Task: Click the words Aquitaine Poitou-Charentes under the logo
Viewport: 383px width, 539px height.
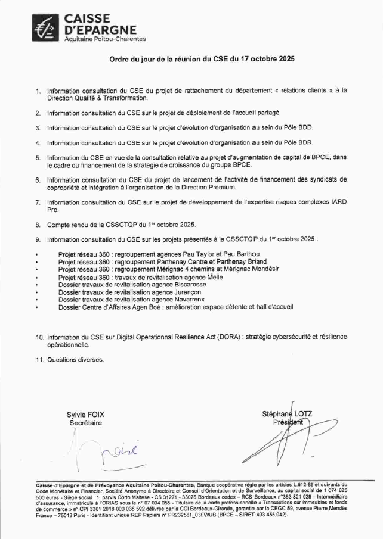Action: pyautogui.click(x=104, y=39)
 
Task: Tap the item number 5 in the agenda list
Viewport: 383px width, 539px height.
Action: pyautogui.click(x=38, y=158)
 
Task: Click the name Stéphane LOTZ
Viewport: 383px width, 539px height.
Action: pyautogui.click(x=287, y=414)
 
